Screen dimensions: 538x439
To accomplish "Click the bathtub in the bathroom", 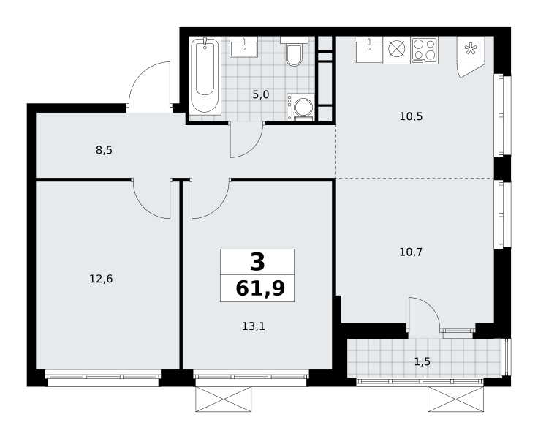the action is (205, 76).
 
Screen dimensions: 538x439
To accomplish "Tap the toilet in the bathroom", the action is (294, 51).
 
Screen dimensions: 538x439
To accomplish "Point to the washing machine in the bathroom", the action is (301, 107).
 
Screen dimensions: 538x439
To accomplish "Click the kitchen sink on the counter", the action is (369, 50).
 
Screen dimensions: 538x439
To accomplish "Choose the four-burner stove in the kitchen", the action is (425, 50).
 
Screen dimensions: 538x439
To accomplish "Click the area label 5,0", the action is (261, 94).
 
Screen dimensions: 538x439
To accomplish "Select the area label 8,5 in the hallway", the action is (104, 150).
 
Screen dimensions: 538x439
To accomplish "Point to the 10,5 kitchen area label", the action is (411, 116).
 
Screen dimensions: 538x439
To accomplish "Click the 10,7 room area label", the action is (411, 252).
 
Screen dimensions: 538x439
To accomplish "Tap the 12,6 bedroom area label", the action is (101, 279).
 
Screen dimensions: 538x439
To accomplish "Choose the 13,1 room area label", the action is (254, 326).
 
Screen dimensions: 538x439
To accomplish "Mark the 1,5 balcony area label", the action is (423, 361).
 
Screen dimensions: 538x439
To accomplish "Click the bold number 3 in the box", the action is (257, 262).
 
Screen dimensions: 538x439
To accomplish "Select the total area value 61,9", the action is (260, 288).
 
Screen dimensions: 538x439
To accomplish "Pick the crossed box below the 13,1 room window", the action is (224, 399).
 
